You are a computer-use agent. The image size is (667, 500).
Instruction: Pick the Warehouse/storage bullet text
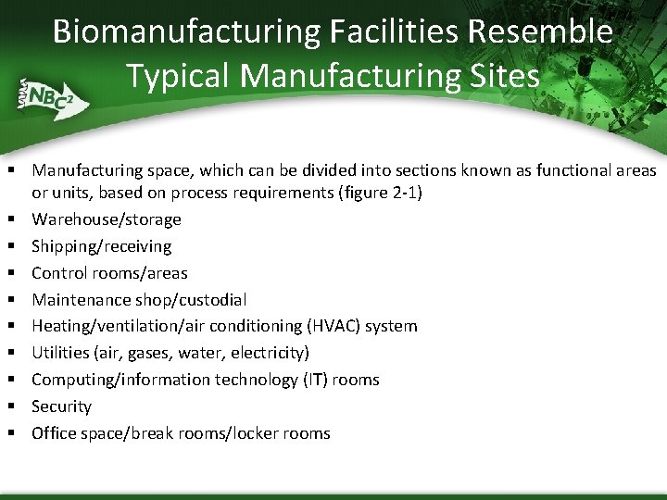(107, 219)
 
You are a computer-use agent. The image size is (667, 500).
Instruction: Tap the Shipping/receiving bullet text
(102, 246)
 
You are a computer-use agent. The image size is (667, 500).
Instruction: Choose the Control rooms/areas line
(109, 273)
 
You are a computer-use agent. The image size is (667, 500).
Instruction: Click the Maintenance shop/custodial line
(139, 300)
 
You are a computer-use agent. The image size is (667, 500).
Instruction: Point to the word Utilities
(59, 353)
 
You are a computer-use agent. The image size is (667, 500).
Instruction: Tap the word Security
(61, 406)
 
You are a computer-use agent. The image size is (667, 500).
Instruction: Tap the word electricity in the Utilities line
(270, 353)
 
